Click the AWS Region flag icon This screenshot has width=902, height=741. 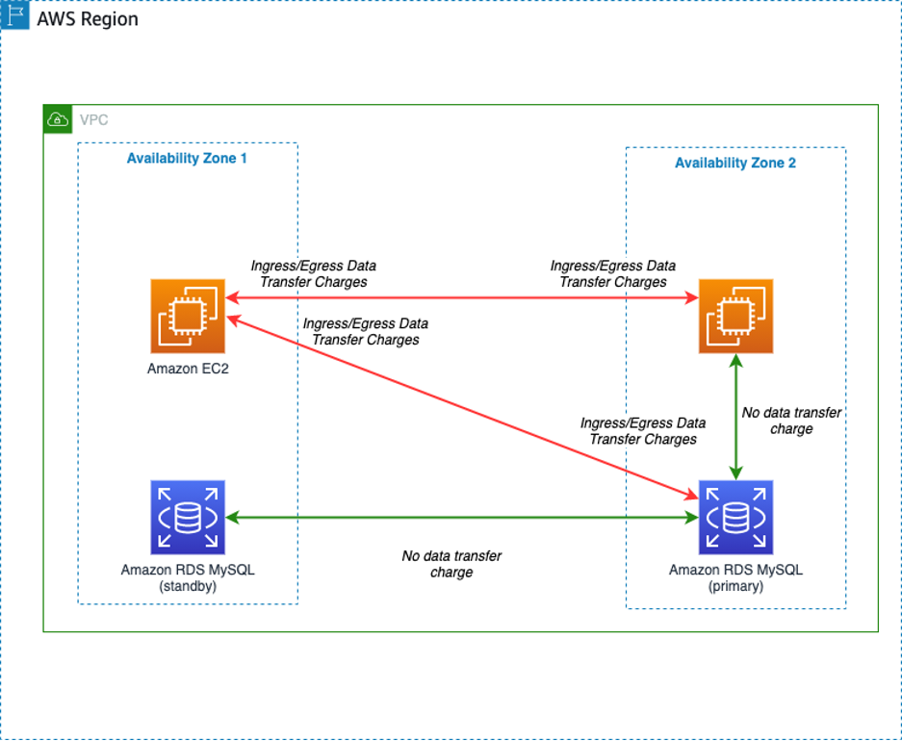(15, 16)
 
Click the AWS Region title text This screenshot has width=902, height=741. (87, 18)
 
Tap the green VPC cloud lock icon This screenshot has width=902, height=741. (58, 119)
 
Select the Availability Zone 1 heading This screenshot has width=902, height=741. (187, 158)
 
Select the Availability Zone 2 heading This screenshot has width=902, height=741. (734, 163)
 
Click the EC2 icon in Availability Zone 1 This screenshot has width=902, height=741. (188, 317)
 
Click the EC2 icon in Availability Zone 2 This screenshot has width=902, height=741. (735, 316)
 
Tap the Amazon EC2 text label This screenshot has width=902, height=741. (188, 369)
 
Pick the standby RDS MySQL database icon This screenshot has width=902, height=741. (188, 518)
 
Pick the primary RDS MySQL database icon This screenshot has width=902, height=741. (735, 518)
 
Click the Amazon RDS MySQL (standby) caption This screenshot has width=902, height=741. (188, 577)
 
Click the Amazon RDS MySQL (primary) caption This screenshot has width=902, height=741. (735, 577)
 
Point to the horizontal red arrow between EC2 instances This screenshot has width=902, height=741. (462, 299)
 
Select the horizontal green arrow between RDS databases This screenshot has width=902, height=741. (462, 518)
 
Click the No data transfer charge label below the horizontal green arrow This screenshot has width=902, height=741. (451, 564)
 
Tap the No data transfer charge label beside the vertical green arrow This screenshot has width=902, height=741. (791, 421)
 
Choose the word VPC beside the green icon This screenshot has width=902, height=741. (94, 120)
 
